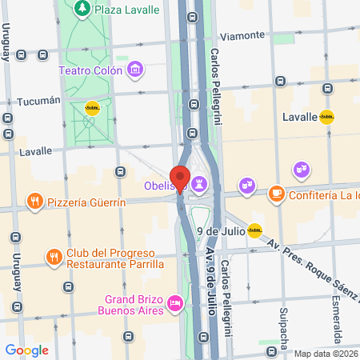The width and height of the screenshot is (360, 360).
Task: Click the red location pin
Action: pyautogui.click(x=179, y=178)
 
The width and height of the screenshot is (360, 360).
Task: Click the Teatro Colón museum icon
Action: pyautogui.click(x=135, y=70)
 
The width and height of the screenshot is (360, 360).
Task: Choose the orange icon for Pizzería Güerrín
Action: pyautogui.click(x=34, y=201)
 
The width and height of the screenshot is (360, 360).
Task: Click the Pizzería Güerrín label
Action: pyautogui.click(x=86, y=202)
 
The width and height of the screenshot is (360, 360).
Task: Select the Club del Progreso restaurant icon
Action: pyautogui.click(x=54, y=258)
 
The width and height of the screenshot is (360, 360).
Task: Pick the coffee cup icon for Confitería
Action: pyautogui.click(x=276, y=194)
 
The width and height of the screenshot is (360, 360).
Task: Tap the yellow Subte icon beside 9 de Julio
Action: pyautogui.click(x=254, y=231)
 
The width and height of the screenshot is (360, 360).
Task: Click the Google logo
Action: pyautogui.click(x=26, y=350)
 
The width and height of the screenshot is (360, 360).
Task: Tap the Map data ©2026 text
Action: pyautogui.click(x=325, y=354)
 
